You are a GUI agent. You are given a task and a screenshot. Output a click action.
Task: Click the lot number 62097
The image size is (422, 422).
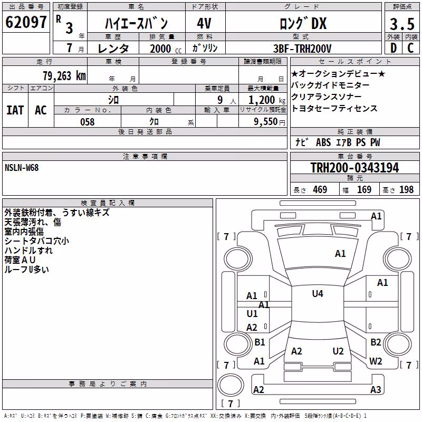[x=26, y=22]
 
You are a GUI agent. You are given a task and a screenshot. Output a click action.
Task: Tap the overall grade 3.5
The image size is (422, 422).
[x=402, y=24]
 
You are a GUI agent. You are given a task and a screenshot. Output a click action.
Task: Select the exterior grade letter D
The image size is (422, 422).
[x=394, y=48]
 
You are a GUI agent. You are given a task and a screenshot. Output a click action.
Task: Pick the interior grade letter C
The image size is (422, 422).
[x=410, y=48]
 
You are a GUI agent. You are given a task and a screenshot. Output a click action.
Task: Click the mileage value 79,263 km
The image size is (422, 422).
[x=64, y=76]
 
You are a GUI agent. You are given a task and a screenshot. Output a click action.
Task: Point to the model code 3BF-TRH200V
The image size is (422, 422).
[x=302, y=49]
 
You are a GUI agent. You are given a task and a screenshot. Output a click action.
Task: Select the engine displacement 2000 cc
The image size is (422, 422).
[x=166, y=49]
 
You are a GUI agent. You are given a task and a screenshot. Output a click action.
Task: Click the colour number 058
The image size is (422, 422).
[x=87, y=122]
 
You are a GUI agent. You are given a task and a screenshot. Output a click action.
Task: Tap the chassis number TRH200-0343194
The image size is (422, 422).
[x=354, y=168]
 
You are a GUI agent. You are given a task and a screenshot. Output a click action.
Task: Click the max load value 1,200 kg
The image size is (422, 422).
[x=267, y=100]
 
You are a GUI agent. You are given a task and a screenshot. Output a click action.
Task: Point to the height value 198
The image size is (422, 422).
[x=406, y=190]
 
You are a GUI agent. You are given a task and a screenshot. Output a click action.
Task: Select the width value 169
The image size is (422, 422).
[x=364, y=190]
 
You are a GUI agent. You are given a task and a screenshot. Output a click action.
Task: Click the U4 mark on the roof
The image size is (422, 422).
[x=318, y=294]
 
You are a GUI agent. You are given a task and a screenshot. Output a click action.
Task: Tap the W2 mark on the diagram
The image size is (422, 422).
[x=376, y=361]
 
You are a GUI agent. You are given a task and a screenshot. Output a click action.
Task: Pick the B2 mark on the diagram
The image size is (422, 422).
[x=376, y=342]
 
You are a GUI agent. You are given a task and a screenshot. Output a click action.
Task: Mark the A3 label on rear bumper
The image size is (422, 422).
[x=376, y=389]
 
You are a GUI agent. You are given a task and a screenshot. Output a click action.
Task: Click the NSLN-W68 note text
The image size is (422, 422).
[x=22, y=168]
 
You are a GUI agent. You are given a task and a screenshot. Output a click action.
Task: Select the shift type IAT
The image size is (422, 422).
[x=15, y=110]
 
